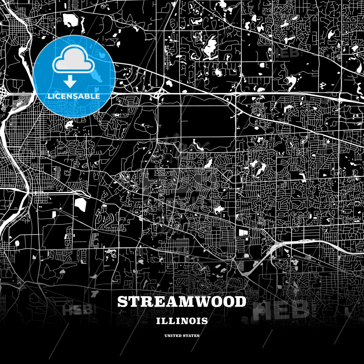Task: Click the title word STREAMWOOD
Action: (182, 302)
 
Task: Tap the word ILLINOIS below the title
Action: (182, 321)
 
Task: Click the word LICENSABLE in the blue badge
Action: (74, 96)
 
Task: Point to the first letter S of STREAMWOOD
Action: (122, 302)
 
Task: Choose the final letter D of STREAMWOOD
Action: (240, 302)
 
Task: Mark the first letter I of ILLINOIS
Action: (158, 321)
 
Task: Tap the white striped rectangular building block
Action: (243, 232)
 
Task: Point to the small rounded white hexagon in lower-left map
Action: (17, 243)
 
